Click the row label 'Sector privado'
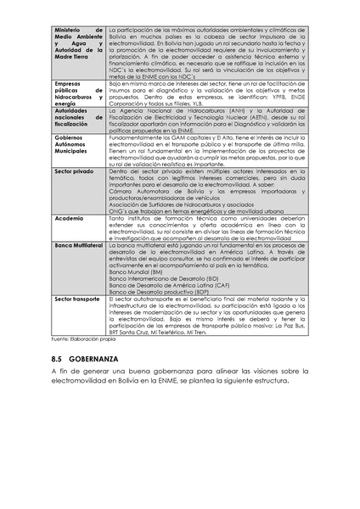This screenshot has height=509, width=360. [74, 171]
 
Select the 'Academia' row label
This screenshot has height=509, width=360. [69, 218]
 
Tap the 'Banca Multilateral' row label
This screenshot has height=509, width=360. [79, 244]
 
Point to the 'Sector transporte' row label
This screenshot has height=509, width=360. [77, 299]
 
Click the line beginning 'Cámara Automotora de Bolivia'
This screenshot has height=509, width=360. [204, 191]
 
